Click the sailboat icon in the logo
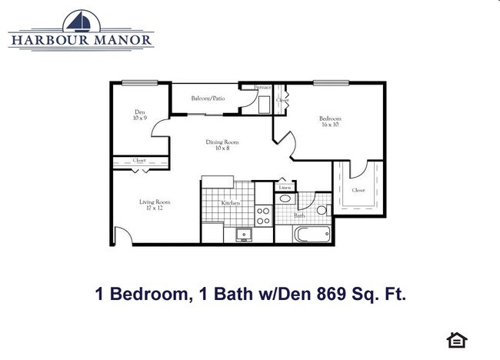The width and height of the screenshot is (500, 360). point(80,22)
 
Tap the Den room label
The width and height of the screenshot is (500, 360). point(139,115)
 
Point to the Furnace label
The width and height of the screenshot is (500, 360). point(252,88)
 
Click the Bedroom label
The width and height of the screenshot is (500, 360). point(330,121)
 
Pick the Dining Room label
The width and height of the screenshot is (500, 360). point(222,145)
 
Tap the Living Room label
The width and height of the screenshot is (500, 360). point(155,205)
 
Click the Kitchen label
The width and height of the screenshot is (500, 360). point(231,203)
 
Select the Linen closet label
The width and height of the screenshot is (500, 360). point(285,188)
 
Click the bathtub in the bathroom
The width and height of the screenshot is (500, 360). point(312,234)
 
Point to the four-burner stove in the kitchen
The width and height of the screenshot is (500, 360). point(263,215)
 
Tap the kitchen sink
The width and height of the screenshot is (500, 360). point(245,234)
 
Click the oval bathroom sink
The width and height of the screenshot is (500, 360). point(285,198)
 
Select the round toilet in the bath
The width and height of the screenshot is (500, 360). point(322,208)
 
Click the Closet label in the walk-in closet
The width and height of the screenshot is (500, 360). point(358,189)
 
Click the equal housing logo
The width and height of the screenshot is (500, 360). point(457,339)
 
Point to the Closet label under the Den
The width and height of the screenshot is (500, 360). point(139,161)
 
